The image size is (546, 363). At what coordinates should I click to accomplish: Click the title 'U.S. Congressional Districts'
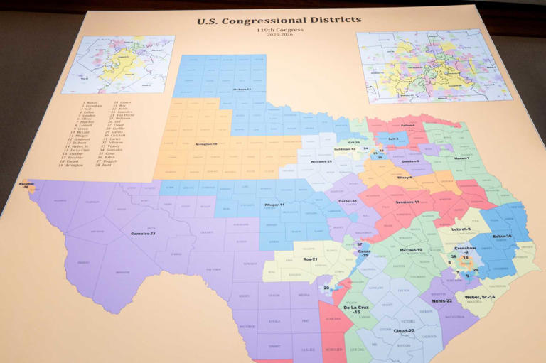(x=279, y=20)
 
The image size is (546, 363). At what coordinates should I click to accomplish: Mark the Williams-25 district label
(x=320, y=161)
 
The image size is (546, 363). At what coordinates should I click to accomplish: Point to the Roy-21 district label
(x=310, y=259)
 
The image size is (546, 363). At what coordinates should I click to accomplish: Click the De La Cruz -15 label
(x=356, y=308)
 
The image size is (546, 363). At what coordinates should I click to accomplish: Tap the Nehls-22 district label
(x=441, y=300)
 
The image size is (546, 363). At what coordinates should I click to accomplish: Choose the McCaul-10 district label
(x=411, y=250)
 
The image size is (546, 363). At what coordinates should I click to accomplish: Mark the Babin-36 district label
(x=502, y=236)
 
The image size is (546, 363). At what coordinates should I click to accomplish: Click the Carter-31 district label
(x=348, y=201)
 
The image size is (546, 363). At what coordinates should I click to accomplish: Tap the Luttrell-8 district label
(x=461, y=229)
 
